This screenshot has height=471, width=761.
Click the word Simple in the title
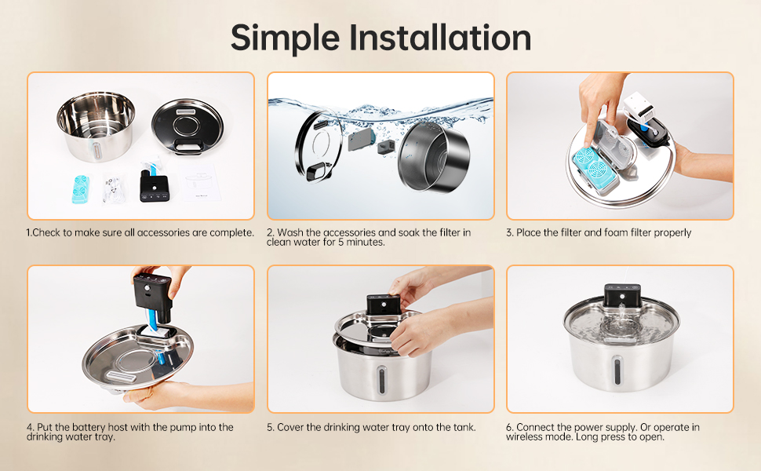point(285,38)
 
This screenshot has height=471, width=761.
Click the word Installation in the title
point(440,38)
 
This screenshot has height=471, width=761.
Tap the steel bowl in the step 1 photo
point(95,126)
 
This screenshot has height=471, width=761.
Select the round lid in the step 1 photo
point(188,126)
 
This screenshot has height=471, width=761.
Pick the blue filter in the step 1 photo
point(80,189)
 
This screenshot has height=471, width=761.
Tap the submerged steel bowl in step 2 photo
point(433,156)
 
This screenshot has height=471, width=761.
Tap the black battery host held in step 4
point(152,298)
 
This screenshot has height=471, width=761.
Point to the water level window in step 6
point(617,370)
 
